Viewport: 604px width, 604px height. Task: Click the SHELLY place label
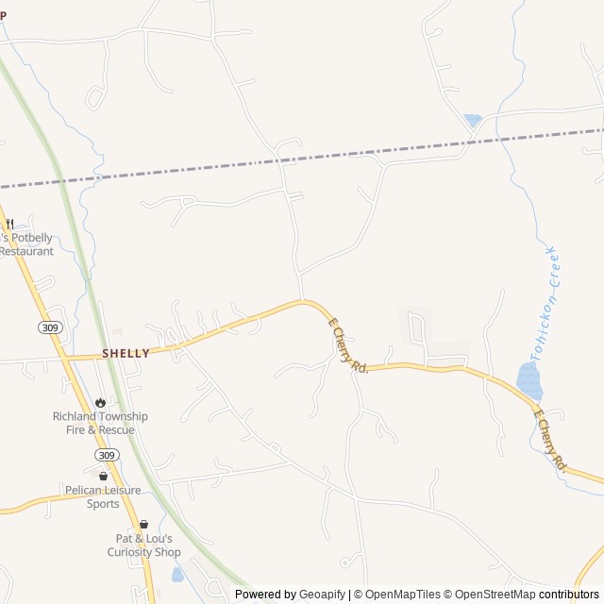point(126,353)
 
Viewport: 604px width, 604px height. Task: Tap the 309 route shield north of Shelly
point(51,327)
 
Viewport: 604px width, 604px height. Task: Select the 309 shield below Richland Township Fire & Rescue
point(107,455)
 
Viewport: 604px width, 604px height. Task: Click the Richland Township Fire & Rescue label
point(100,423)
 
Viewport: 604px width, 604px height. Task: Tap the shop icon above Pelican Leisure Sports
point(104,477)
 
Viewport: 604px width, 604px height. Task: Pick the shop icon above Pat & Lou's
point(143,525)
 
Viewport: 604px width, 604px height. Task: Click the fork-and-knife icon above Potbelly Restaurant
point(9,225)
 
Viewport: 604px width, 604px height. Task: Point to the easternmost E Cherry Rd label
point(549,440)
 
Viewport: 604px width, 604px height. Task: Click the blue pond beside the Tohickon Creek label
point(529,381)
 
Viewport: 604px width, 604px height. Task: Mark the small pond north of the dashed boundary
point(473,121)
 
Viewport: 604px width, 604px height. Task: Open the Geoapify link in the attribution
point(323,595)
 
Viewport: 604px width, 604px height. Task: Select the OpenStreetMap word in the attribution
point(492,595)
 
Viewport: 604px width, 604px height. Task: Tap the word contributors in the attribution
point(569,595)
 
